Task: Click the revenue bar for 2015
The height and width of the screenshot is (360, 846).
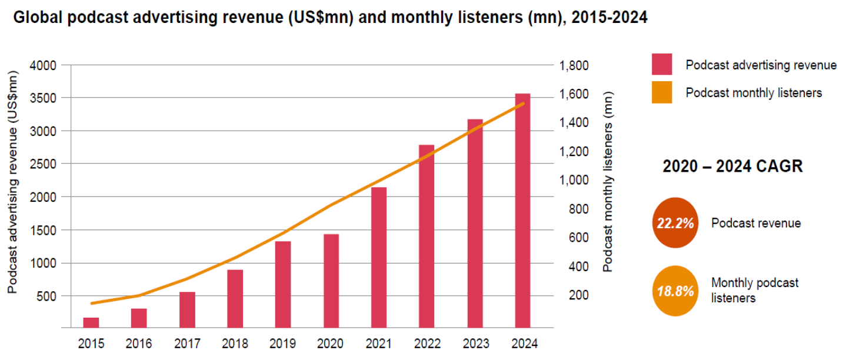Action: (x=91, y=322)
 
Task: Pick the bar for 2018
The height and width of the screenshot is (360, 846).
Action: (x=235, y=298)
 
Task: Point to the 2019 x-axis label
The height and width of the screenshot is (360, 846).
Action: (x=283, y=344)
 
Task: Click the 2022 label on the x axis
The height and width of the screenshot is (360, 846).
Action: (x=427, y=344)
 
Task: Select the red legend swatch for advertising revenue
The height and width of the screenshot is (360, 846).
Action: (x=662, y=65)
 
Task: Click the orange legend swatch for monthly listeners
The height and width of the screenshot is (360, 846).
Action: (x=662, y=93)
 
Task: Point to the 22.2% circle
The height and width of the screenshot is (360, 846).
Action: (x=675, y=223)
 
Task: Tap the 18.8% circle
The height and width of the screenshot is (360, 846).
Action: (x=675, y=291)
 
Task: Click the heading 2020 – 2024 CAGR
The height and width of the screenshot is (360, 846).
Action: (x=732, y=166)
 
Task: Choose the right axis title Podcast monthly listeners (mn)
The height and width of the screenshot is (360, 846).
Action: (x=608, y=181)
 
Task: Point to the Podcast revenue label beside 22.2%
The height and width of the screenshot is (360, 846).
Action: (x=756, y=223)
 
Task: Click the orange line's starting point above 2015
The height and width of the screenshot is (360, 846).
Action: (x=91, y=304)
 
